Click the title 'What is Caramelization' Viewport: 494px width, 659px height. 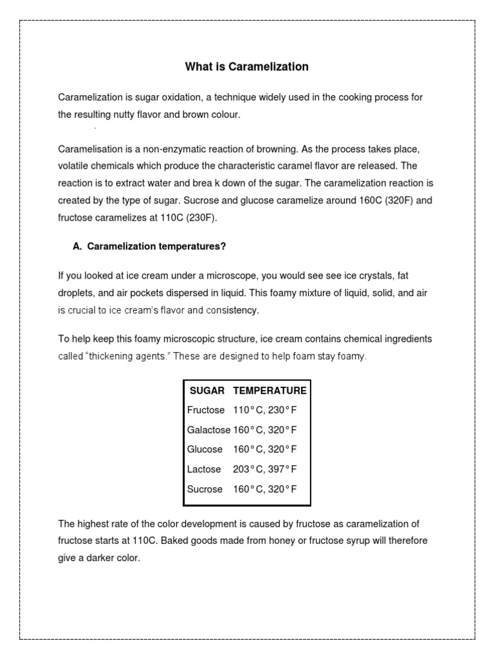[247, 66]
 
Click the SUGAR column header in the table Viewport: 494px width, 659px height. [207, 391]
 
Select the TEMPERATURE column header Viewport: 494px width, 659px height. [270, 391]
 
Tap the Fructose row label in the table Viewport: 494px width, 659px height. [206, 410]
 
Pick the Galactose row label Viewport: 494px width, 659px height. [208, 430]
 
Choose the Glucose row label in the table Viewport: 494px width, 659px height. [205, 449]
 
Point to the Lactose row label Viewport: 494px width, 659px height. [204, 469]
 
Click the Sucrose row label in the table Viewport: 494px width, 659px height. [205, 489]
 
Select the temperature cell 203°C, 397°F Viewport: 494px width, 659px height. [265, 469]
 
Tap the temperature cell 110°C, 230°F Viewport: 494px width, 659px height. [265, 410]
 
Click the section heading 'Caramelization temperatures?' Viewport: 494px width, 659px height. [156, 246]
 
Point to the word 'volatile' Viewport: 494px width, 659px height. [73, 166]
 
